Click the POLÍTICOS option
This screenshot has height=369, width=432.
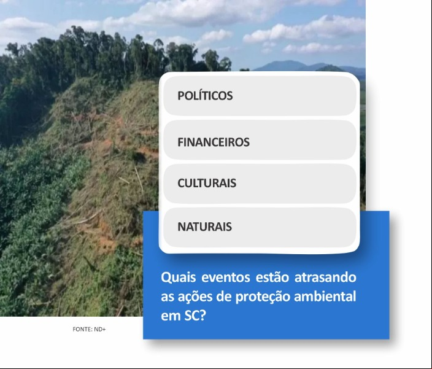point(260,96)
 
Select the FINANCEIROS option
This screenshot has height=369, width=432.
point(260,140)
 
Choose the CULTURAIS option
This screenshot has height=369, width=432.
point(260,184)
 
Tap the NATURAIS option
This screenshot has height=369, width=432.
point(260,227)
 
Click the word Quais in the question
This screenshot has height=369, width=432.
point(178,278)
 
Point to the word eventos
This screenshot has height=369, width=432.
point(226,278)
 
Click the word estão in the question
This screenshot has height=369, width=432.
point(272,278)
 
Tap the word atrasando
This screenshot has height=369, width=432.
point(325,278)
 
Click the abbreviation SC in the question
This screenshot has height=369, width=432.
point(191,316)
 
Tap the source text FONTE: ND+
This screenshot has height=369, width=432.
point(89,329)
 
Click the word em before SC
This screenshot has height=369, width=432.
point(171,317)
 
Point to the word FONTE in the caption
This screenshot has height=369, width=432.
point(82,329)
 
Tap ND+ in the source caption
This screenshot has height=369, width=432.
point(100,329)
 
